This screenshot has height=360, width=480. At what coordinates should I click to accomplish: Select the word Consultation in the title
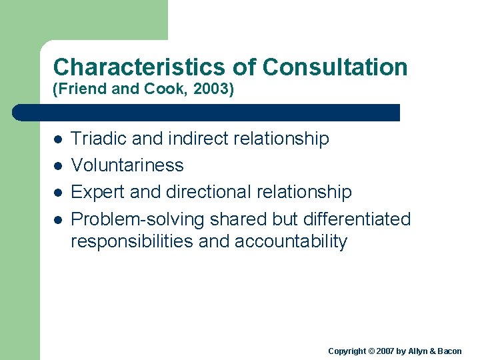point(335,67)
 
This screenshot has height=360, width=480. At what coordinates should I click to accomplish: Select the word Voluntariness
point(127,165)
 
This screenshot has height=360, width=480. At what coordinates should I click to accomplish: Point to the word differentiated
point(354,219)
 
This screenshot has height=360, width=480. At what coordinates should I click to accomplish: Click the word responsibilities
point(132,241)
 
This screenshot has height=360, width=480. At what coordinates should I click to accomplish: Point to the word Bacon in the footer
point(449,351)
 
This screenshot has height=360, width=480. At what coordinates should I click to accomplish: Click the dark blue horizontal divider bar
point(207,112)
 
